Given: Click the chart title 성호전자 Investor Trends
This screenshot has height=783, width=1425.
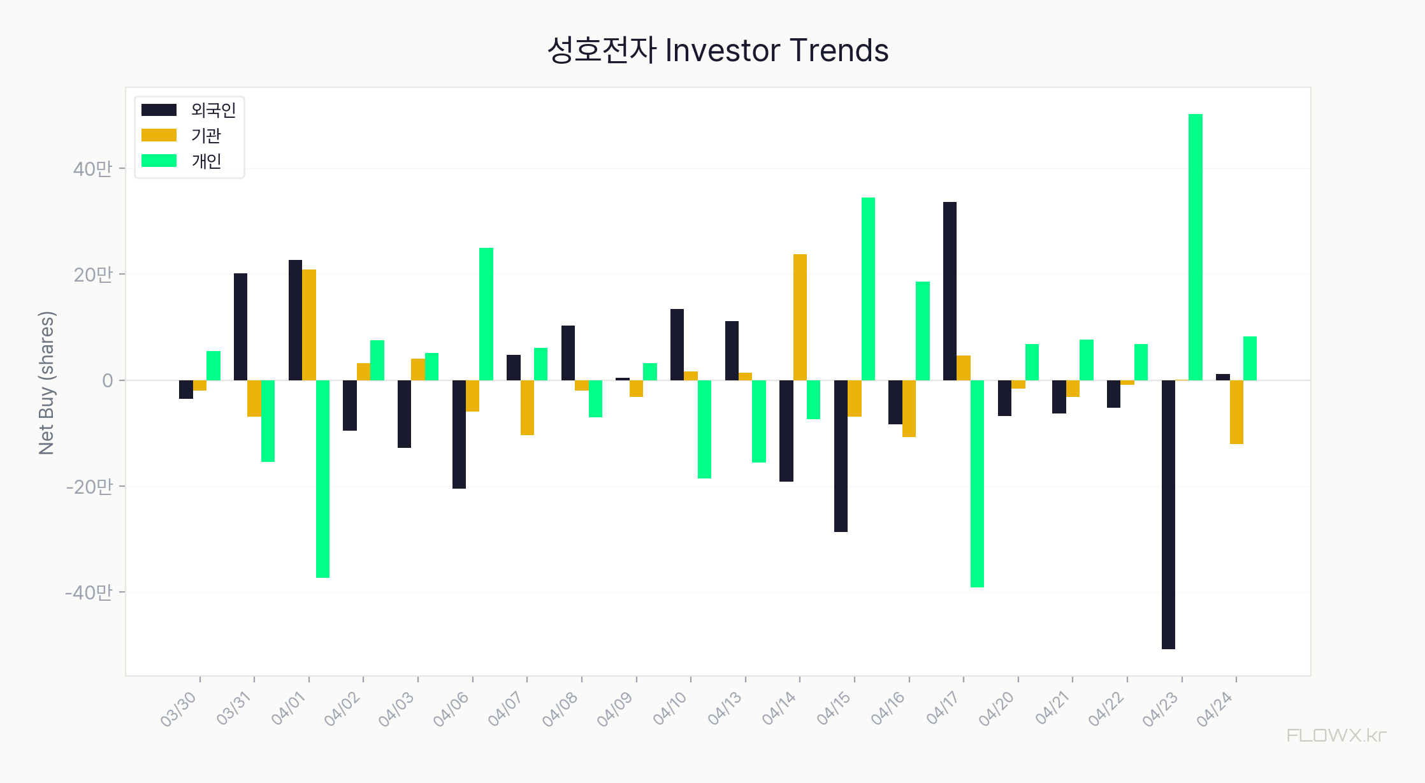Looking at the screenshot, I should click(718, 50).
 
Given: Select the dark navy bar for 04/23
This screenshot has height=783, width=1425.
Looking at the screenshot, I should click(1168, 514).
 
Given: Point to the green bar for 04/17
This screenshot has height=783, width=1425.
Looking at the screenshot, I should click(977, 484).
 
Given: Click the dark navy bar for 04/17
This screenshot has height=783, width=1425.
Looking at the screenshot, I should click(950, 291).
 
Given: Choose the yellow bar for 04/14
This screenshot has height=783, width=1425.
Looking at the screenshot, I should click(800, 317).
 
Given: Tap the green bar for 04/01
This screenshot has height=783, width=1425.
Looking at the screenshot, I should click(322, 478).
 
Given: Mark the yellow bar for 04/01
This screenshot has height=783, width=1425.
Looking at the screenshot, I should click(309, 325).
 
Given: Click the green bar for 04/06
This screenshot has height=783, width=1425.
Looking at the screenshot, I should click(486, 314).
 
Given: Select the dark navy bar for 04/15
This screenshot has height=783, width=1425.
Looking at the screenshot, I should click(841, 456).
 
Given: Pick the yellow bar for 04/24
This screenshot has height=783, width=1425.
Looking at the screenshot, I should click(1236, 412).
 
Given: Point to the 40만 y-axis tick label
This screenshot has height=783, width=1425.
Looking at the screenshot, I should click(92, 169).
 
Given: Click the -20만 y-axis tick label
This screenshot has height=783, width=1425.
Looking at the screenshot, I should click(89, 487).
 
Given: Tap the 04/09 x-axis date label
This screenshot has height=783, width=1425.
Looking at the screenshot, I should click(615, 709).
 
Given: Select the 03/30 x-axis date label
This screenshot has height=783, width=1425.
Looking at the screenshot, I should click(178, 709).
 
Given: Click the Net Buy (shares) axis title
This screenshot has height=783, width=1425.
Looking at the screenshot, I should click(47, 383).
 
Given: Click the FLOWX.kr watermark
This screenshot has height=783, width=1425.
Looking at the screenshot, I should click(1336, 736).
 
